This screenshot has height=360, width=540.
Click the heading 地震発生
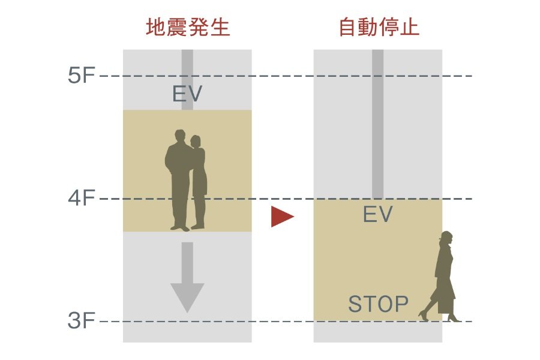(188, 28)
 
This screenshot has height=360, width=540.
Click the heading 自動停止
(379, 28)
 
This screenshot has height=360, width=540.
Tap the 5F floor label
(82, 76)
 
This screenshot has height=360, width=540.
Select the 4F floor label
(82, 198)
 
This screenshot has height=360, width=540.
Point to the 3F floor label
(82, 321)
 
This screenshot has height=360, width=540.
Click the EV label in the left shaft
(187, 94)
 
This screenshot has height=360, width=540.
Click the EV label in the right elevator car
(377, 214)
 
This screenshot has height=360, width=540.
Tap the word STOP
(379, 304)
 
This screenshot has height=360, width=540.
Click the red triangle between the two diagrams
(281, 217)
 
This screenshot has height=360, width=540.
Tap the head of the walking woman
(446, 237)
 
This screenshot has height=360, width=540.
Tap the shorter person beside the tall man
(198, 180)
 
